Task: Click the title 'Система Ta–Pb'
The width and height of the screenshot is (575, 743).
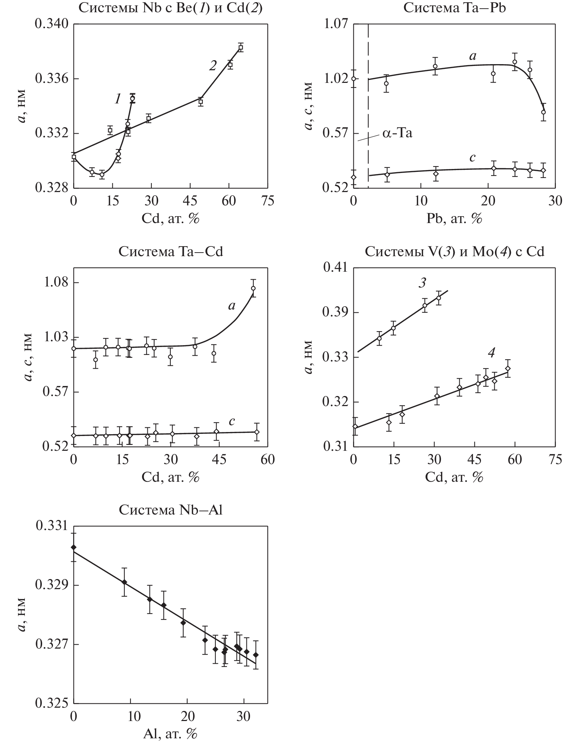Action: (x=454, y=8)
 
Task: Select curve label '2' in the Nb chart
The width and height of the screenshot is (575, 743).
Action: (x=213, y=66)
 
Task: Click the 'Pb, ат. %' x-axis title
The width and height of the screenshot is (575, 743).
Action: (x=454, y=218)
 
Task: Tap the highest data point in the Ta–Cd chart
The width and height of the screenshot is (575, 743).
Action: (x=253, y=288)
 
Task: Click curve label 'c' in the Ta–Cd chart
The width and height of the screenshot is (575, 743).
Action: (x=232, y=421)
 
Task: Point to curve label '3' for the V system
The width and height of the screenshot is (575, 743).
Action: (x=422, y=283)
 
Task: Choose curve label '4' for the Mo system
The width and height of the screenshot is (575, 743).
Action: (x=491, y=353)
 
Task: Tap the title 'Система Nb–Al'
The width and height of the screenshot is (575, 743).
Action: (x=170, y=510)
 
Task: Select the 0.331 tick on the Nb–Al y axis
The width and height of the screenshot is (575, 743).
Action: (x=52, y=526)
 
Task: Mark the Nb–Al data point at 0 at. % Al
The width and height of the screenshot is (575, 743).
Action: (x=74, y=547)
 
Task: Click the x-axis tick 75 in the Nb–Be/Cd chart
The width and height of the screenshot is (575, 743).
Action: (x=267, y=201)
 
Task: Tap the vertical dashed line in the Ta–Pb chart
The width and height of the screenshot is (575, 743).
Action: (x=368, y=108)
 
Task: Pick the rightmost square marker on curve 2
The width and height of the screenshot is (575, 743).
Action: (x=241, y=48)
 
